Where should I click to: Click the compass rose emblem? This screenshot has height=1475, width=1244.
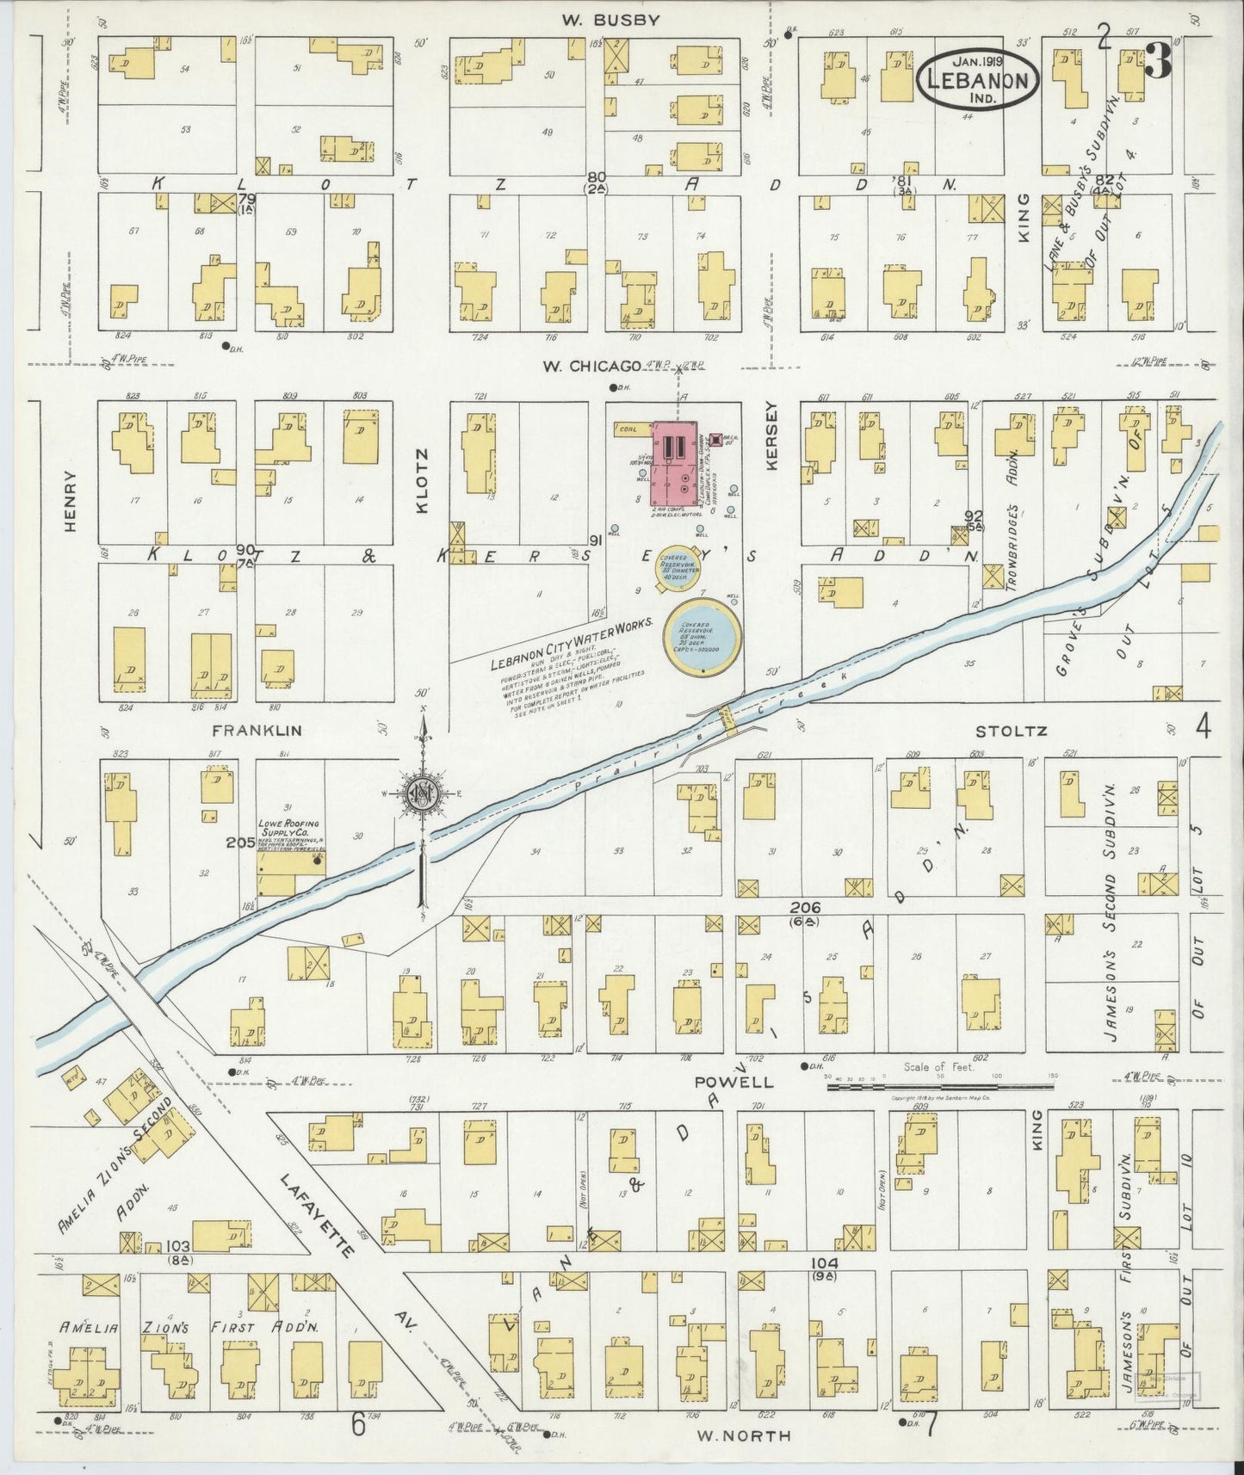click(423, 795)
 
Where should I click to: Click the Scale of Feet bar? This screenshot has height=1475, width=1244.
click(938, 1087)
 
